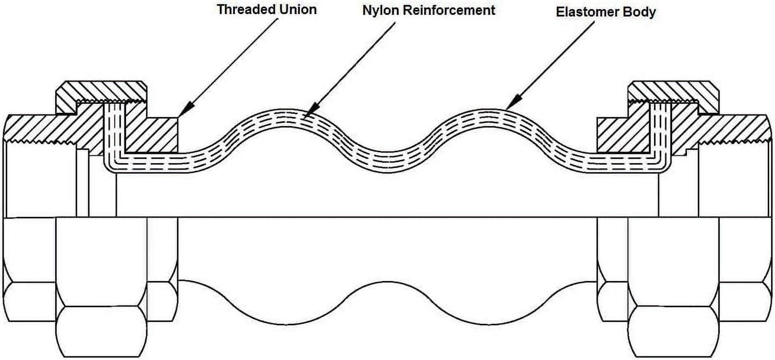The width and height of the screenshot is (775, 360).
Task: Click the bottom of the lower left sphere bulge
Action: click(287, 324)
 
